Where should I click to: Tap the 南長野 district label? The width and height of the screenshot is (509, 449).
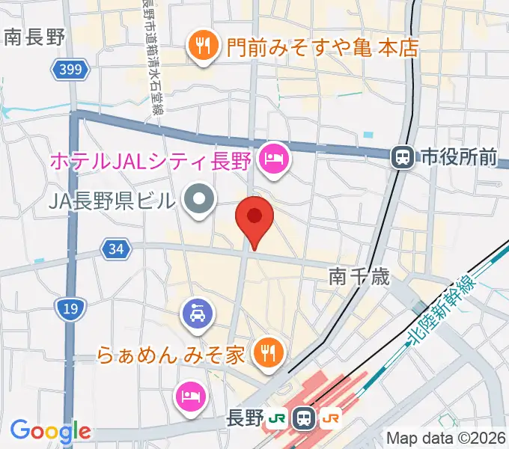pyautogui.click(x=34, y=37)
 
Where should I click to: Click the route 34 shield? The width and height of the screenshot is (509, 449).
pyautogui.click(x=115, y=249)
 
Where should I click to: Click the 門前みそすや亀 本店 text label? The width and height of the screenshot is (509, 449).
pyautogui.click(x=314, y=48)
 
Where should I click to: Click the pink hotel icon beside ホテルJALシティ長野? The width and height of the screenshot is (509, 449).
pyautogui.click(x=273, y=159)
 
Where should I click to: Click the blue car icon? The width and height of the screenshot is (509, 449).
pyautogui.click(x=197, y=313)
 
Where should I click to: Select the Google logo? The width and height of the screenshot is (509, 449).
pyautogui.click(x=50, y=431)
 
